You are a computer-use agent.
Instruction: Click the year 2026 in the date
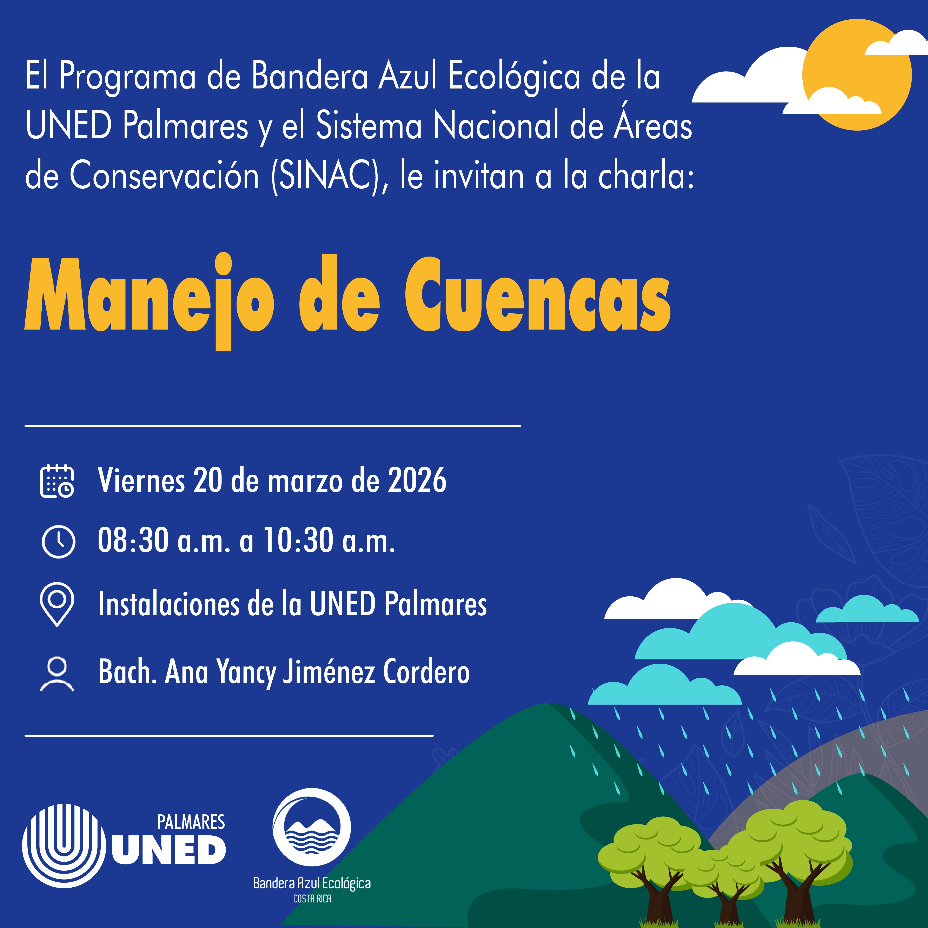point(417,480)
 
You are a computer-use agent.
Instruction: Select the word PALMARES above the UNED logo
point(191,822)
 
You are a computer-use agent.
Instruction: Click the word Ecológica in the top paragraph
point(514,77)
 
